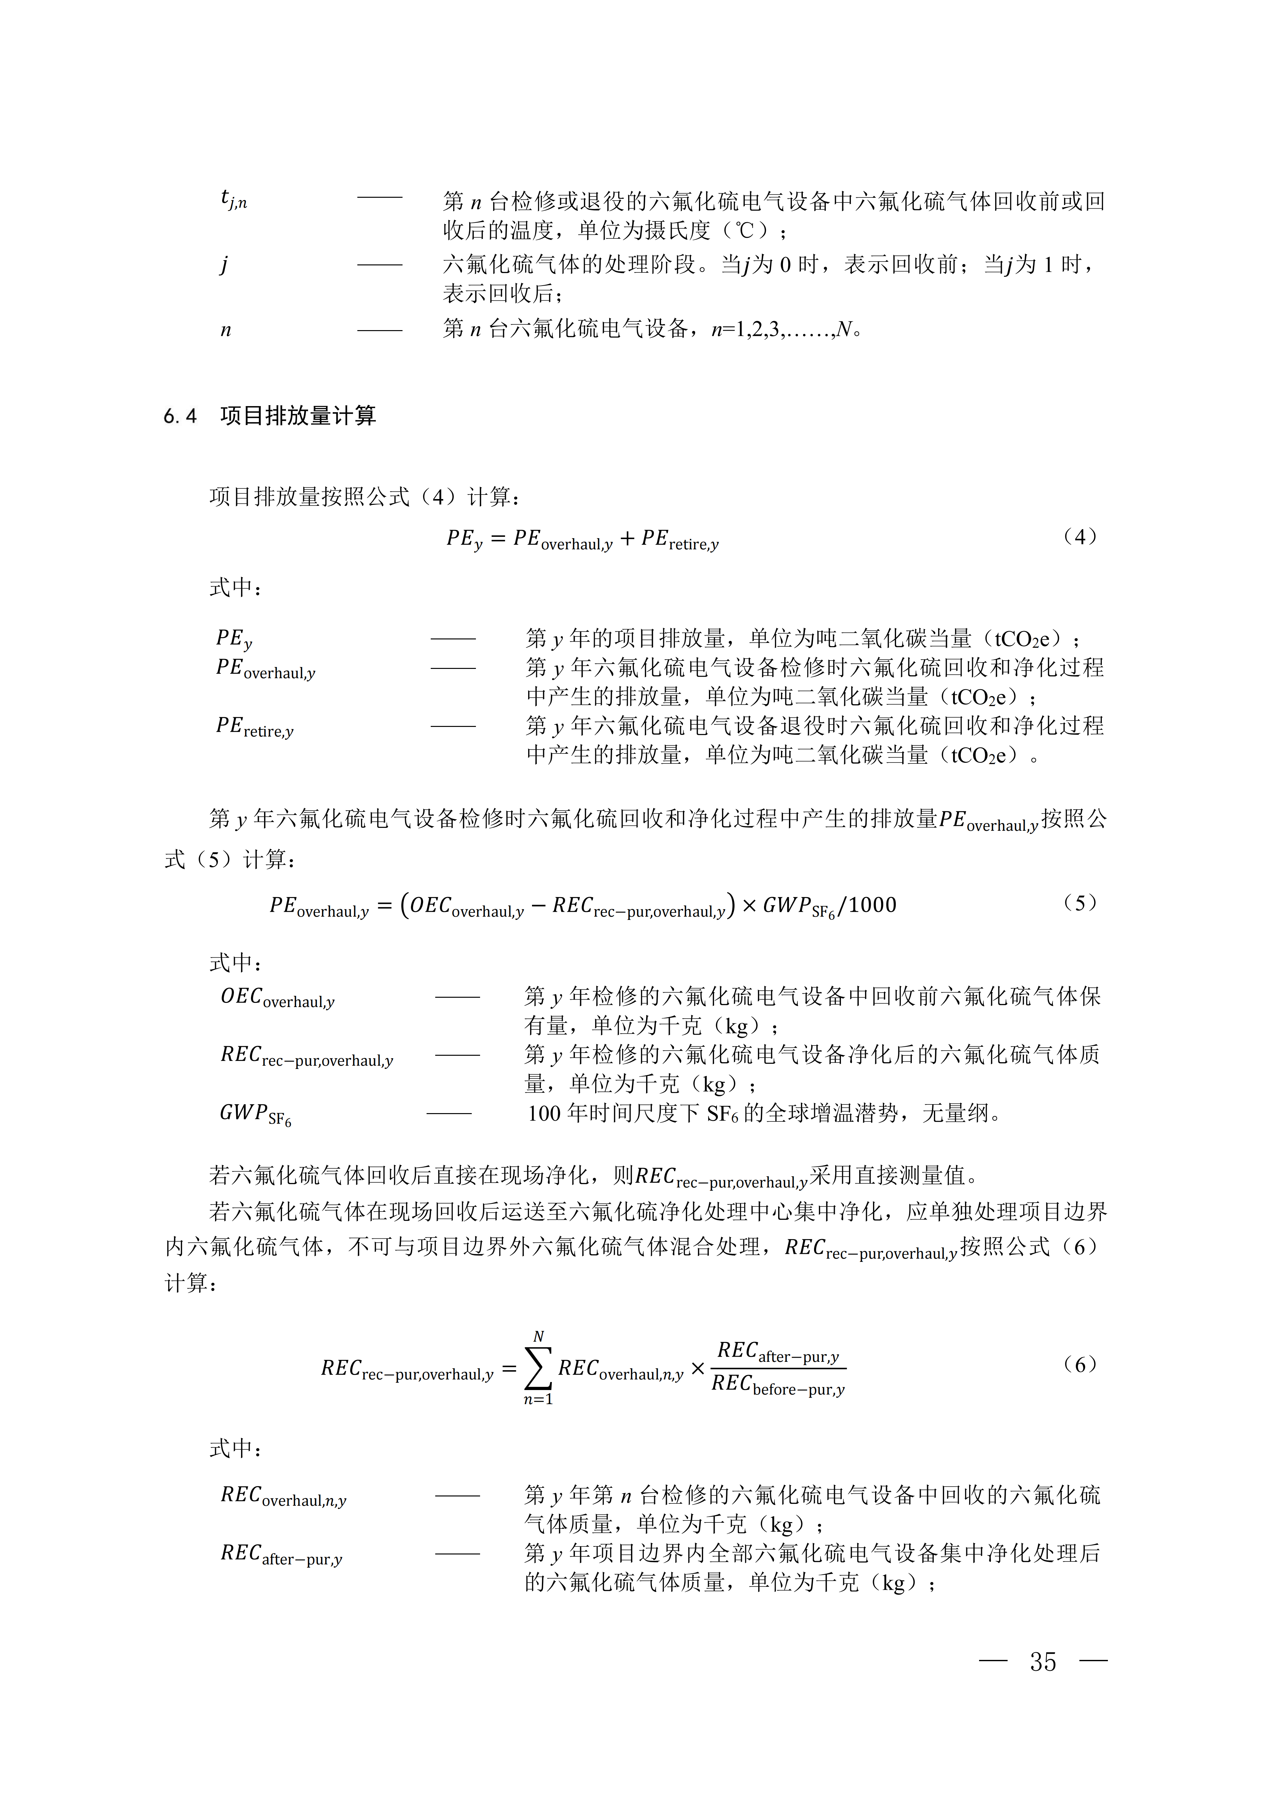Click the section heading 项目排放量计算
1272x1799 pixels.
pos(298,416)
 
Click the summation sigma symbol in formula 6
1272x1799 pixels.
pos(538,1368)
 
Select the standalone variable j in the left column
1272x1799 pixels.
pos(224,265)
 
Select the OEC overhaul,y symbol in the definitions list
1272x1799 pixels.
pos(277,997)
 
